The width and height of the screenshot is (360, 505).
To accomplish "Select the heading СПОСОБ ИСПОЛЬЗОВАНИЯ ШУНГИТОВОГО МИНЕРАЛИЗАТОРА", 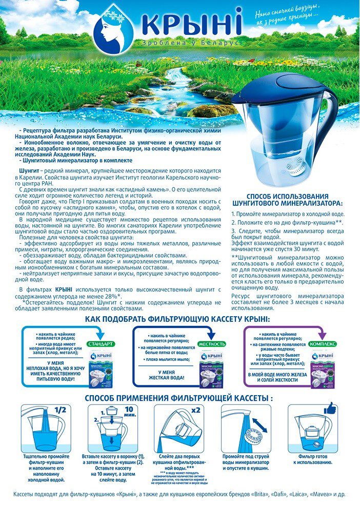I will coord(287,200).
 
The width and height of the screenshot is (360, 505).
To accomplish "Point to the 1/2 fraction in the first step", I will coord(60,411).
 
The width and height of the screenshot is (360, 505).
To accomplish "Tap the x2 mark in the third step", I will coord(195,411).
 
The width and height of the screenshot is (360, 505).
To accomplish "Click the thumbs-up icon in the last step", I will coord(329,409).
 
